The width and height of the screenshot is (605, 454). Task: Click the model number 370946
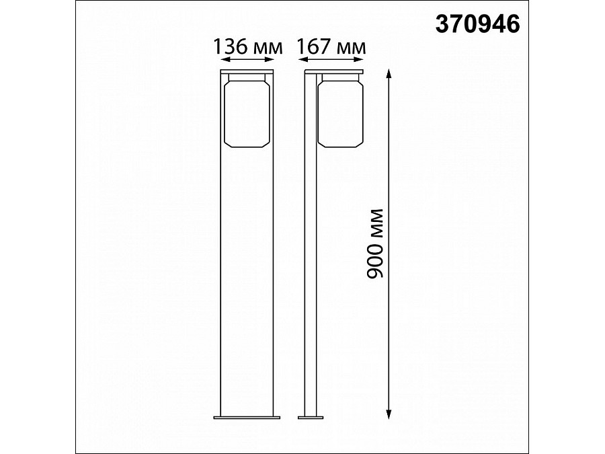click(478, 24)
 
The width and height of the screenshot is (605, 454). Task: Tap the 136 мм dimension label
click(247, 46)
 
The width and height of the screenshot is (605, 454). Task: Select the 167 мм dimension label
click(331, 46)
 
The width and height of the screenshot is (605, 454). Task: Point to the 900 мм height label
click(377, 243)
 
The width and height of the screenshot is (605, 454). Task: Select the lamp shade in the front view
click(247, 112)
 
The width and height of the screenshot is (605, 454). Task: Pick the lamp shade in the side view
click(340, 112)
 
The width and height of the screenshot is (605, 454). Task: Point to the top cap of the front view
click(247, 71)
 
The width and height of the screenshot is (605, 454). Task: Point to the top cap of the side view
click(333, 71)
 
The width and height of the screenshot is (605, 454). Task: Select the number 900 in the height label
click(377, 260)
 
